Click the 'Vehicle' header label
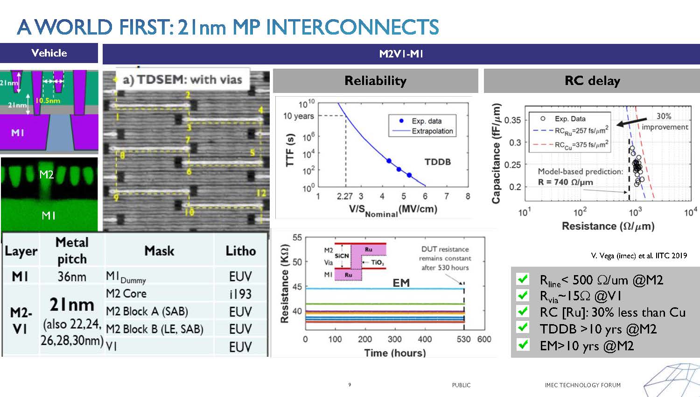49,53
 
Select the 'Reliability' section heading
375,81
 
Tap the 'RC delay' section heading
592,81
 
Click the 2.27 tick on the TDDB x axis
344,196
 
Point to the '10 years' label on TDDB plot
299,116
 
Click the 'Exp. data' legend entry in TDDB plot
426,121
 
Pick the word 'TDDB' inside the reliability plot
437,162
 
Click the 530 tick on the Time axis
463,339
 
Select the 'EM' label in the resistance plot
401,283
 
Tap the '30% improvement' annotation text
665,121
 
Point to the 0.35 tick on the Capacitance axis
512,120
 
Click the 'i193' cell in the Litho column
240,294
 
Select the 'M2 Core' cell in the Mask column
126,294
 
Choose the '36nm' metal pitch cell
72,276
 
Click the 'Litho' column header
240,251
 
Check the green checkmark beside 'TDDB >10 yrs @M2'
523,328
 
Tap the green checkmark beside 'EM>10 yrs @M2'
523,345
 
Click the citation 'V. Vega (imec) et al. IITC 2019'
638,255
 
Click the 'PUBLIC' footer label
461,385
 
